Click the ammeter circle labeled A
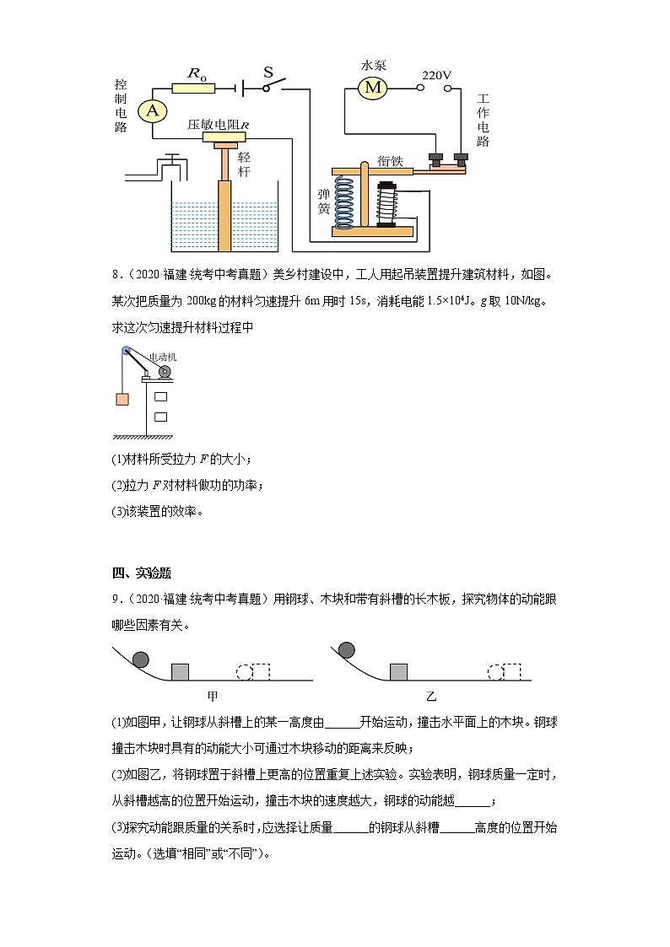[x=152, y=110]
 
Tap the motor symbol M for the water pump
[x=372, y=86]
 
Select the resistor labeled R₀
[x=193, y=87]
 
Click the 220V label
[x=436, y=75]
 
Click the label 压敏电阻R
[x=218, y=125]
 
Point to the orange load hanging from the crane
[x=122, y=400]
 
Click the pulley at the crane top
[x=126, y=352]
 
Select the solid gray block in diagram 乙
[x=398, y=671]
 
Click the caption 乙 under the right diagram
[x=431, y=697]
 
